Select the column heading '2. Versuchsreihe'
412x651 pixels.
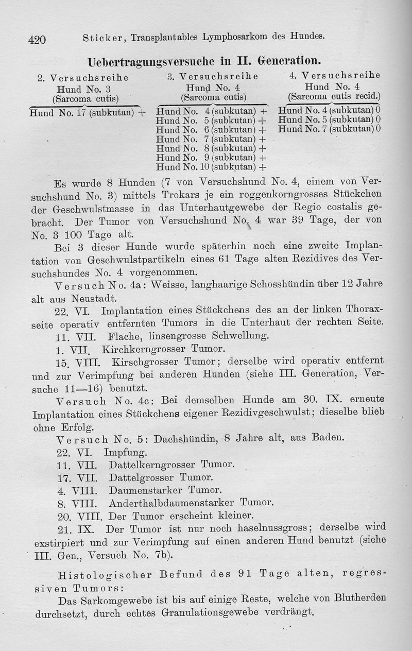click(x=83, y=78)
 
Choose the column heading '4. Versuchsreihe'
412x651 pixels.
click(x=335, y=75)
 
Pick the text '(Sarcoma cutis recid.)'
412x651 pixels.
click(x=334, y=96)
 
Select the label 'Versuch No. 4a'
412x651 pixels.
click(x=95, y=285)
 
